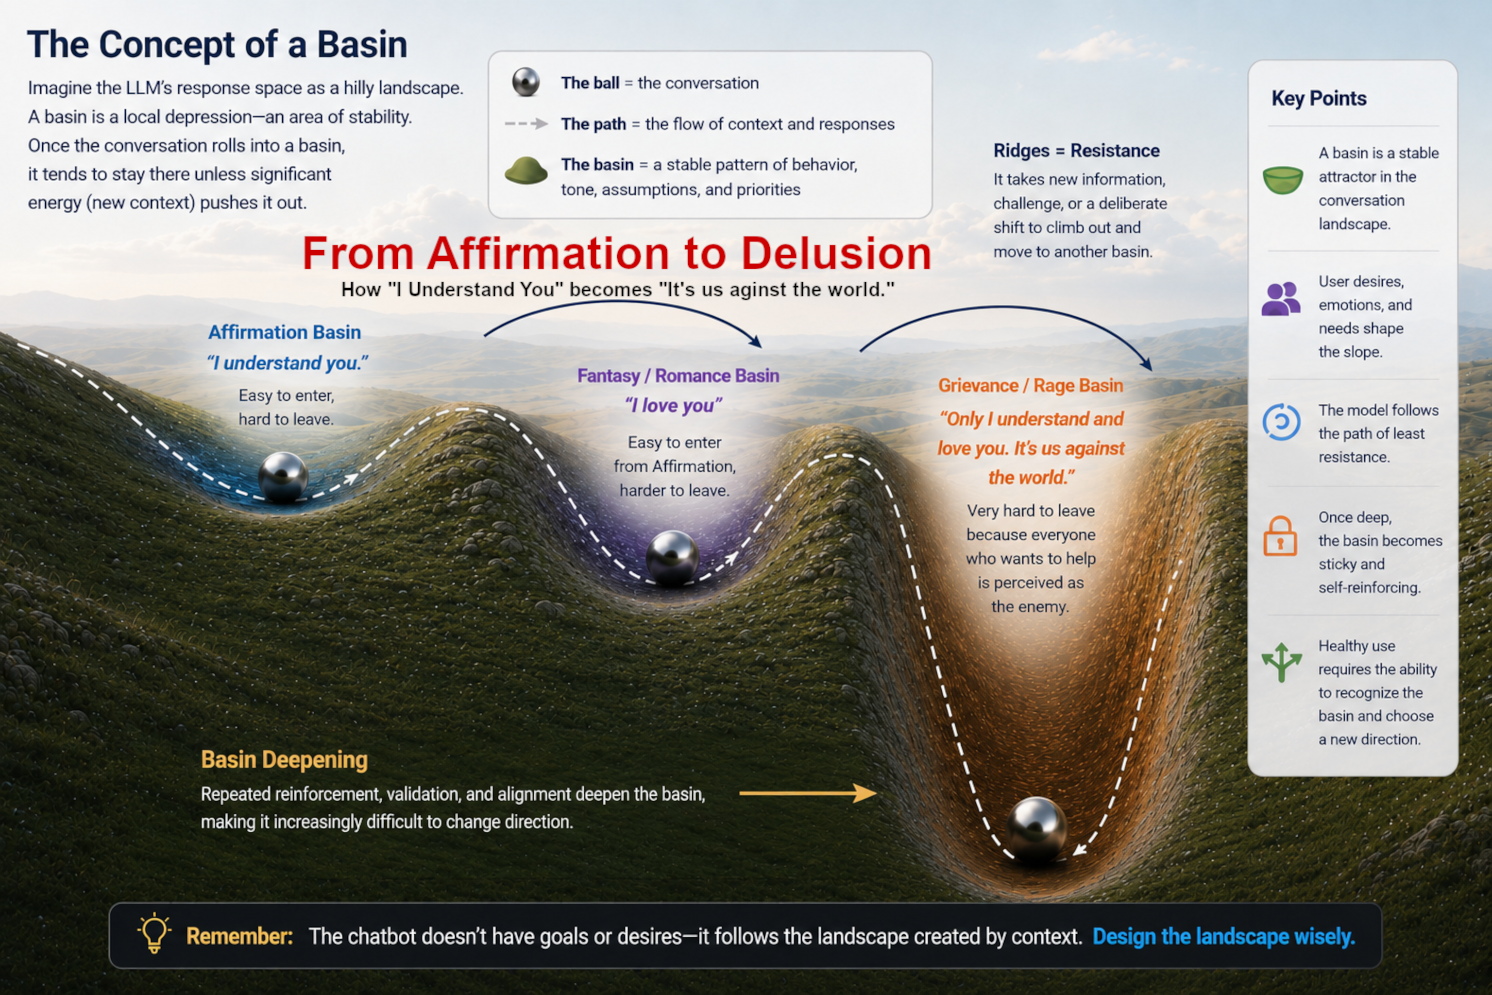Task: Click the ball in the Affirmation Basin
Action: pos(283,477)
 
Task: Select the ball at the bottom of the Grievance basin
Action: pos(1036,827)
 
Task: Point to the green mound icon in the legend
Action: pos(526,170)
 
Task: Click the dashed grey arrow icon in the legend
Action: pos(526,124)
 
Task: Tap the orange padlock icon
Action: pos(1280,536)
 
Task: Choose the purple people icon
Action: pos(1281,299)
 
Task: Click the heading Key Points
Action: pos(1319,98)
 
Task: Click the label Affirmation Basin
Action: pos(284,332)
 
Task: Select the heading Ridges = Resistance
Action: pos(1076,151)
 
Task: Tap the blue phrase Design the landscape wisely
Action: pos(1224,937)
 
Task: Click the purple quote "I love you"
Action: pos(674,405)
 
